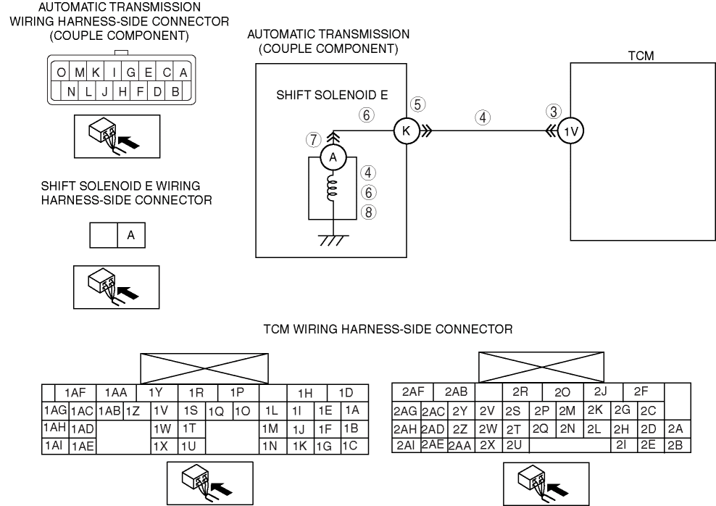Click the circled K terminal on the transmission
coord(403,130)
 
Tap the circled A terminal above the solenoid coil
coord(332,156)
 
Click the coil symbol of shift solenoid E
coord(332,190)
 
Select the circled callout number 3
coord(554,112)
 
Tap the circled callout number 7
coord(313,137)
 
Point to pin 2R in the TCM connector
coord(520,392)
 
